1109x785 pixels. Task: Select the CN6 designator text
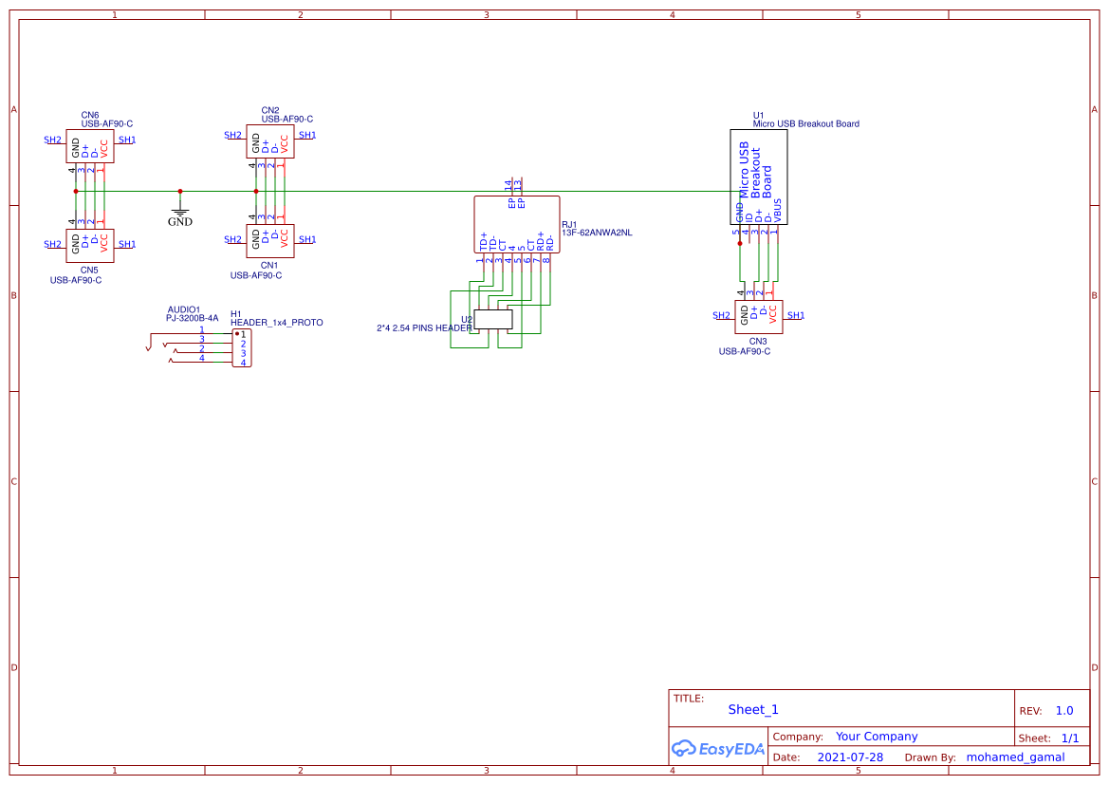(90, 114)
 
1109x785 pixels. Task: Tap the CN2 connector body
(270, 143)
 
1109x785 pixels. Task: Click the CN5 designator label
(89, 270)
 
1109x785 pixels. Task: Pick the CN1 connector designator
(269, 265)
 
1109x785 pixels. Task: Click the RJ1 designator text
(569, 225)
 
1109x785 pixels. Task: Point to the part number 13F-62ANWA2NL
(596, 233)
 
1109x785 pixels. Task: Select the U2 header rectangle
(492, 320)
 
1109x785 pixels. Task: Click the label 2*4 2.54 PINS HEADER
(423, 328)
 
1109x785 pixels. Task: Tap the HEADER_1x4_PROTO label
(276, 323)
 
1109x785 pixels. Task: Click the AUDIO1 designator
(184, 309)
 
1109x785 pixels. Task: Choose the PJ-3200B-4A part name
(192, 318)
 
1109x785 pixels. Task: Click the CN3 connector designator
(758, 341)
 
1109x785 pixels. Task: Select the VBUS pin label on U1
(778, 209)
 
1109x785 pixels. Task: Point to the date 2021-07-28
(850, 757)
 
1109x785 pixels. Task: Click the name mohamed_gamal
(1015, 757)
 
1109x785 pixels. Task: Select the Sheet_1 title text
(753, 709)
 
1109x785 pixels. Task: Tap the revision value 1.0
(1064, 711)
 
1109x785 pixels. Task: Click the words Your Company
(877, 737)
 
